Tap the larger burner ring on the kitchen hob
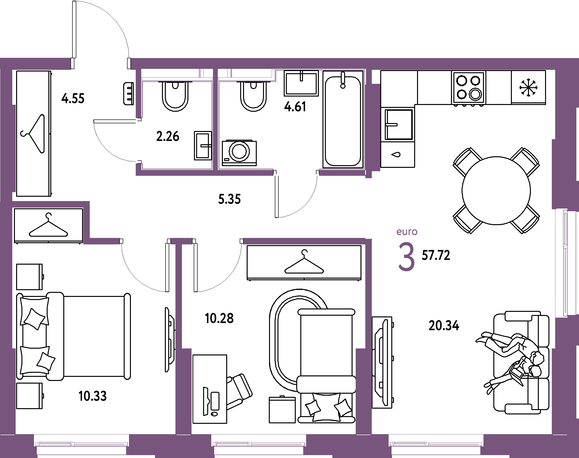click(475, 94)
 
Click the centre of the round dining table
click(496, 191)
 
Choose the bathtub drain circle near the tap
click(343, 86)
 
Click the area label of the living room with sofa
click(444, 326)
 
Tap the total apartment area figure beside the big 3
click(436, 255)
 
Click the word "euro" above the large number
click(407, 232)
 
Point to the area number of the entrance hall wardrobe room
click(73, 98)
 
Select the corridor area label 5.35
click(229, 199)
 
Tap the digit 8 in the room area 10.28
click(230, 318)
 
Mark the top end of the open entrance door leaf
click(74, 1)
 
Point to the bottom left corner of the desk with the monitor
click(193, 423)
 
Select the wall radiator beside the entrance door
click(129, 94)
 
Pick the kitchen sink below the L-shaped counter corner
click(398, 124)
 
